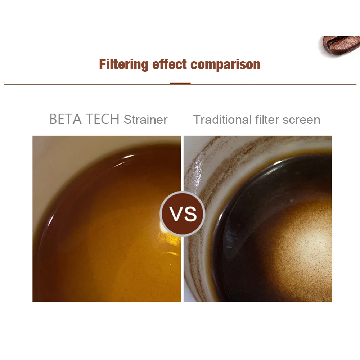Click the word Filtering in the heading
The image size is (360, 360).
coord(124,64)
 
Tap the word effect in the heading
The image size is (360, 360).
coord(170,64)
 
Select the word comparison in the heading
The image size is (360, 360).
coord(225,65)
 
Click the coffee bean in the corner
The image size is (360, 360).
coord(340,45)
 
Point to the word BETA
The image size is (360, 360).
coord(66,119)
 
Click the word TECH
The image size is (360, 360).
coord(102,119)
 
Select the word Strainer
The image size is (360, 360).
coord(145,120)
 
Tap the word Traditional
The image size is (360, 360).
coord(222,120)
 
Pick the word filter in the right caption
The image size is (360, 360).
coord(267,120)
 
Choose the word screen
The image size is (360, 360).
coord(301,120)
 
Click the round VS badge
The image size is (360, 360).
coord(183,214)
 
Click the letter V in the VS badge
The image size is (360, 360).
coord(176,214)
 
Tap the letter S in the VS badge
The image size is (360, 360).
coord(190,214)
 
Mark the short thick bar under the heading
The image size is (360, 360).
coord(180,84)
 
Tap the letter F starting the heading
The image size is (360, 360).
coord(103,64)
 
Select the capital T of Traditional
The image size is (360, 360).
coord(197,120)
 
